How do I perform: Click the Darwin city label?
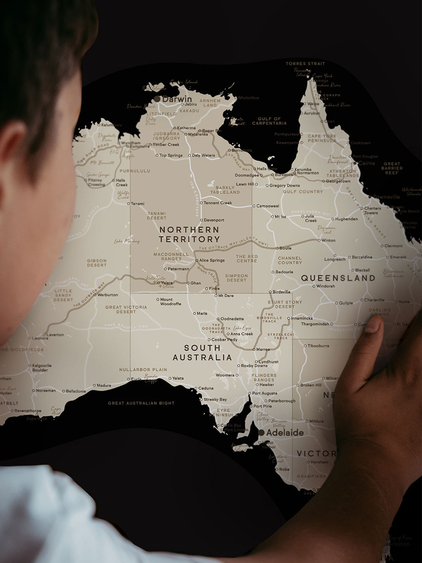(x=177, y=99)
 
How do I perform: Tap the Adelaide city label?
(x=284, y=433)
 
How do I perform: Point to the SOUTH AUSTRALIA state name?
(x=202, y=353)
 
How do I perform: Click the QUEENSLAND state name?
(x=338, y=278)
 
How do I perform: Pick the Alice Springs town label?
(x=211, y=261)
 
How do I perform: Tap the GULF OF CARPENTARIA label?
(x=269, y=121)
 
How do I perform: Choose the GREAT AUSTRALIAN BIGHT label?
(x=141, y=403)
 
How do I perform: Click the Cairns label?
(x=366, y=163)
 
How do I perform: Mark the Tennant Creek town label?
(x=218, y=203)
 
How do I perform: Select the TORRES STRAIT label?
(x=306, y=64)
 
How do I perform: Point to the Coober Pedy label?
(x=224, y=340)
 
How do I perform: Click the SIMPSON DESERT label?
(x=236, y=278)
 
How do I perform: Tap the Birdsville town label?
(x=281, y=292)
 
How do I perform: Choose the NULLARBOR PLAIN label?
(x=143, y=370)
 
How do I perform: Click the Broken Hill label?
(x=311, y=385)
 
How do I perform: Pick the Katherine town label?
(x=186, y=128)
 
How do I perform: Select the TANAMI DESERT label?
(x=157, y=216)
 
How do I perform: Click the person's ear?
(x=17, y=156)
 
